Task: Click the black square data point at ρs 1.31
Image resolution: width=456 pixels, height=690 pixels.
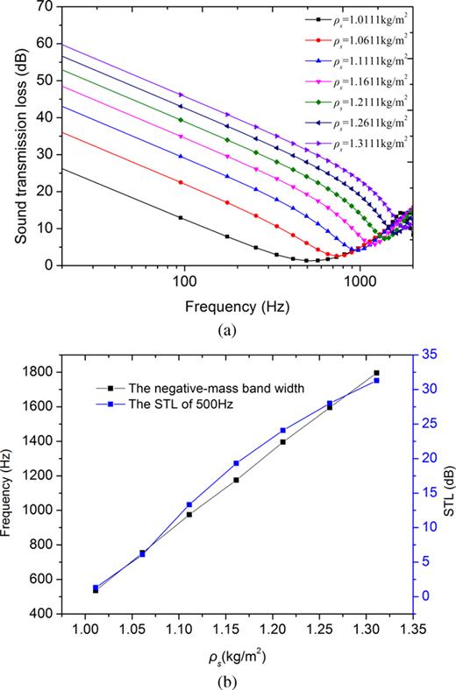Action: [x=377, y=373]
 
